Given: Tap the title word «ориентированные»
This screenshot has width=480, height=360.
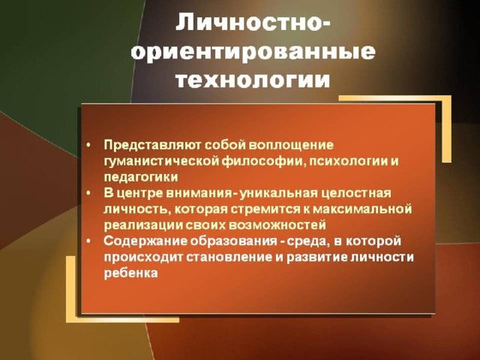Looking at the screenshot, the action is click(x=253, y=51).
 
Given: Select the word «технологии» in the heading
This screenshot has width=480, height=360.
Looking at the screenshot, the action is click(x=253, y=80).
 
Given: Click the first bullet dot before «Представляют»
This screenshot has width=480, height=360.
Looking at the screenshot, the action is click(x=88, y=145).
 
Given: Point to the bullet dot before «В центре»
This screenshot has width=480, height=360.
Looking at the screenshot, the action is click(x=88, y=193).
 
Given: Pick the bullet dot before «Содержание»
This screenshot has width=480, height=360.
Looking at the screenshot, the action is click(x=88, y=241).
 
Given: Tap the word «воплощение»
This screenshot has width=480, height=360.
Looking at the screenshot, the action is click(x=290, y=145).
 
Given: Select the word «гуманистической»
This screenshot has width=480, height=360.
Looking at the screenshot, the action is click(x=161, y=161).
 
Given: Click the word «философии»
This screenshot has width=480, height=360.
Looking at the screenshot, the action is click(x=263, y=161).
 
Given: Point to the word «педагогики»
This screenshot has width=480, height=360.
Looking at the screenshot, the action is click(x=141, y=178).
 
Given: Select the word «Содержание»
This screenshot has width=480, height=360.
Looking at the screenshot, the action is click(x=145, y=241).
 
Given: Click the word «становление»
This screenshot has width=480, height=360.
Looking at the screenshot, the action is click(x=229, y=257).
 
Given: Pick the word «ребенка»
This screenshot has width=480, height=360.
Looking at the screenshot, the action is click(x=130, y=273).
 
